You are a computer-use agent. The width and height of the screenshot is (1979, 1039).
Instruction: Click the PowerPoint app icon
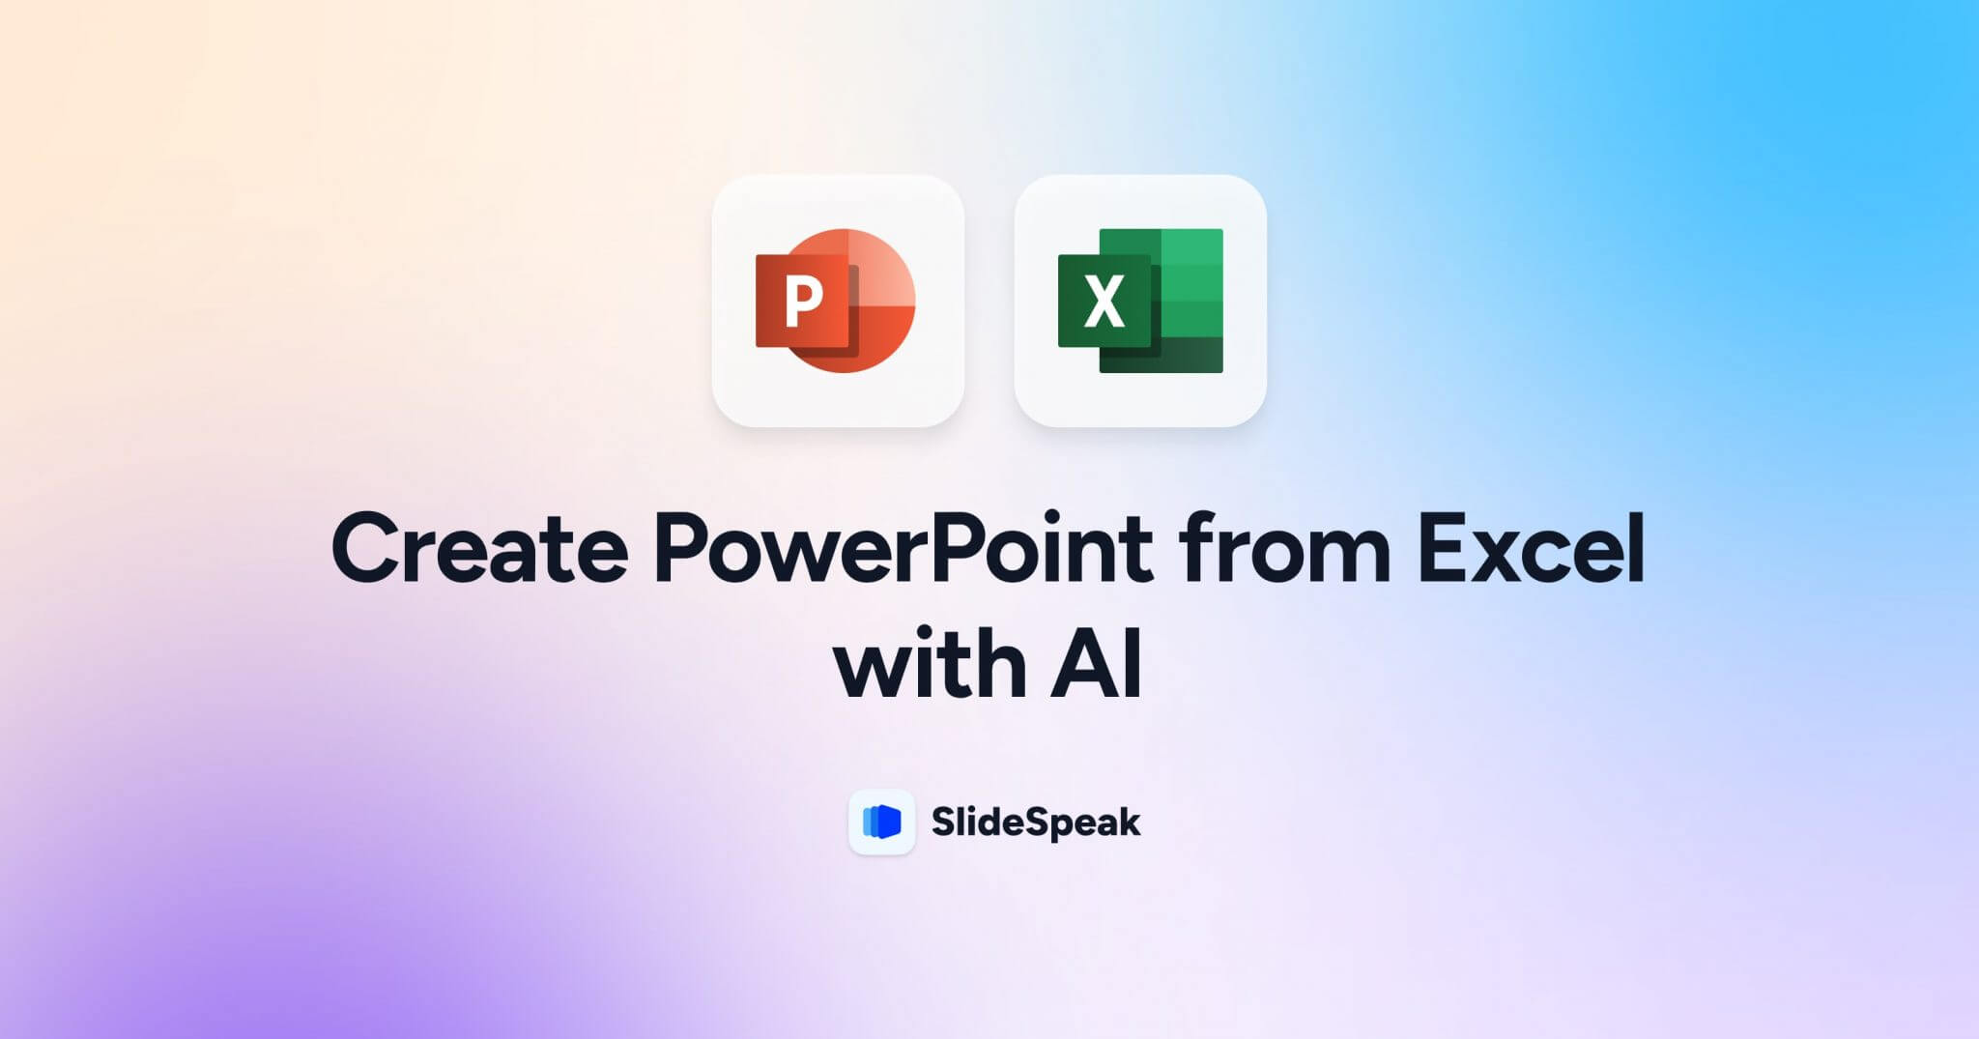coord(838,301)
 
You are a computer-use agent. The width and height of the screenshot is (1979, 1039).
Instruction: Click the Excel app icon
coord(1140,301)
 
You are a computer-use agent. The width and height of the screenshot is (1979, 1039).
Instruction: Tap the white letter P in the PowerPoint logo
coord(804,302)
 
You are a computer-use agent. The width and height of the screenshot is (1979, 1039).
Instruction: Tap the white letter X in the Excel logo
coord(1104,302)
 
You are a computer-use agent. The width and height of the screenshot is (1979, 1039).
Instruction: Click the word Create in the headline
coord(480,548)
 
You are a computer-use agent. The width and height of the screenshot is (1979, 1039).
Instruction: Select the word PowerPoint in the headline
coord(903,548)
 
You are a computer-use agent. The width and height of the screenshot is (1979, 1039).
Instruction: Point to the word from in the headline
coord(1284,548)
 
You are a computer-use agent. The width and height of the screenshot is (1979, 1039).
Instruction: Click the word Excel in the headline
coord(1532,548)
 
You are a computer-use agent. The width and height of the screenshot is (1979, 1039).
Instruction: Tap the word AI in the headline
coord(1097,664)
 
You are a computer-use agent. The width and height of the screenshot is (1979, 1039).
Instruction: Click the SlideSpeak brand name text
coord(1035,823)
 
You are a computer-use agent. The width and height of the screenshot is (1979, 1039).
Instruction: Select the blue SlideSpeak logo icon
coord(881,822)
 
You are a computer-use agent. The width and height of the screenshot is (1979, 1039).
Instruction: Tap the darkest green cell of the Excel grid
coord(1190,355)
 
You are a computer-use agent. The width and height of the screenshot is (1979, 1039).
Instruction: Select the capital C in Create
coord(365,548)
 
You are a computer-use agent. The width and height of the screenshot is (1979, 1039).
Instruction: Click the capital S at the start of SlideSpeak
coord(944,823)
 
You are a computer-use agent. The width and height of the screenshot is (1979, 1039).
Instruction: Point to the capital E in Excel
coord(1443,548)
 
